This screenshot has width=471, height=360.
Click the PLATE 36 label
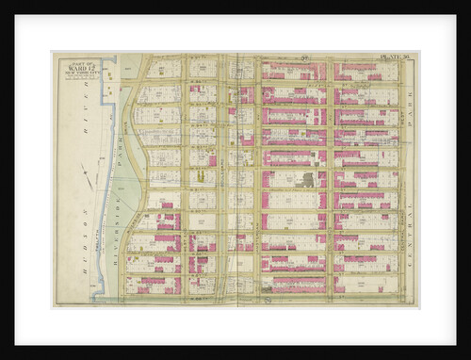click(x=393, y=62)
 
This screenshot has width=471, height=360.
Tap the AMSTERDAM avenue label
click(x=256, y=179)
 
